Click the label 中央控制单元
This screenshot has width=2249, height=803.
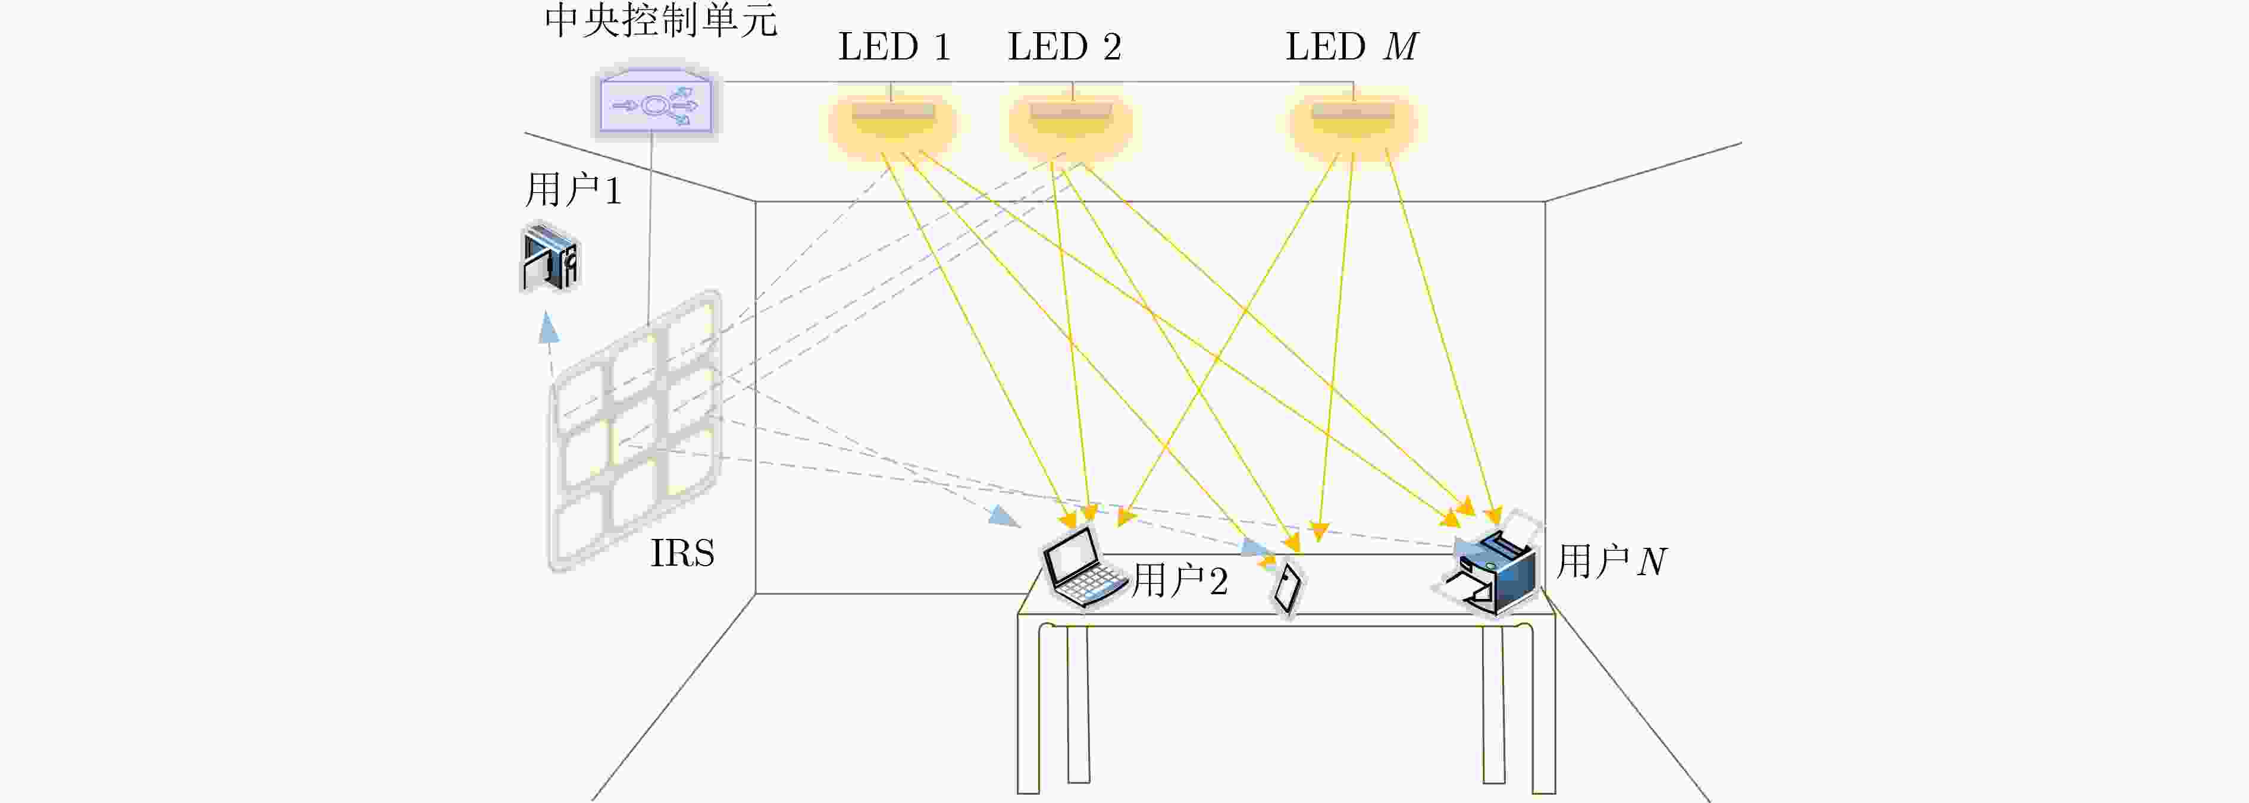tap(661, 20)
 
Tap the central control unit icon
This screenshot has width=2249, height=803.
tap(656, 103)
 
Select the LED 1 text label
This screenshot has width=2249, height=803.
tap(894, 47)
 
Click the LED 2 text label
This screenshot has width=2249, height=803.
tap(1064, 47)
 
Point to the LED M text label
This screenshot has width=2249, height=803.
tap(1352, 47)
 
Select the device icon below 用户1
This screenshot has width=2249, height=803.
tap(550, 258)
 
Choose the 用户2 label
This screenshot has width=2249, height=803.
tap(1179, 581)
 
